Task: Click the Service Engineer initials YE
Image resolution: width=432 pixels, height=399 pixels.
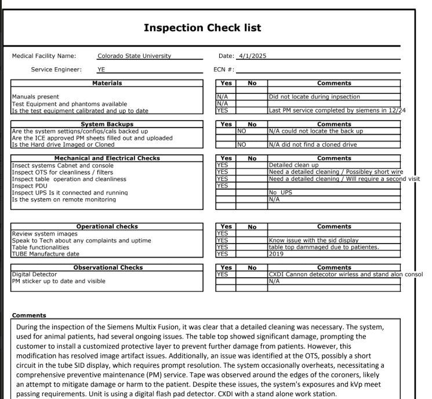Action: [101, 69]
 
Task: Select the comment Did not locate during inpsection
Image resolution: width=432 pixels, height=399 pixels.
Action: [314, 96]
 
